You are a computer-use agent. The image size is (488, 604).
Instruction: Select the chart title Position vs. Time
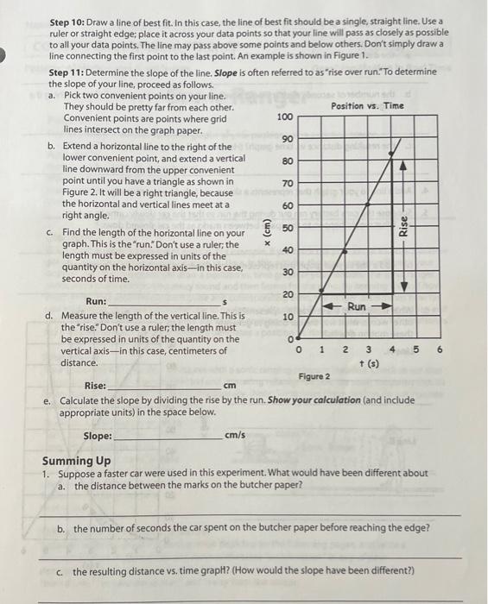367,105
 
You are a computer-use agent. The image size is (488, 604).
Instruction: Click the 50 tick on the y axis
288,228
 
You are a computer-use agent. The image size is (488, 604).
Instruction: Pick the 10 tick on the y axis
288,318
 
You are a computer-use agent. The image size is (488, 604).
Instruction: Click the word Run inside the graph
357,306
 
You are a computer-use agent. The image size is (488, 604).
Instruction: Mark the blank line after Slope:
168,438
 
